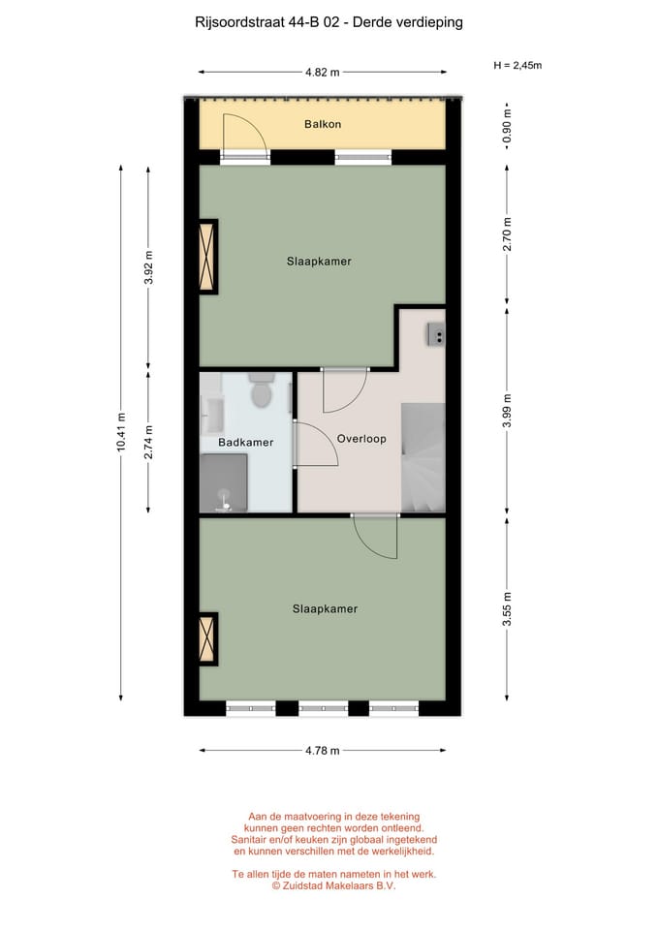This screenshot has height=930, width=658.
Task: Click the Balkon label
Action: [x=322, y=124]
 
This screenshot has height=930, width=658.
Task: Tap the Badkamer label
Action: [x=245, y=443]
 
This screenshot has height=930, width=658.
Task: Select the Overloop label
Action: [x=361, y=439]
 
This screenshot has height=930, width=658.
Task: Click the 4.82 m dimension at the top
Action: [x=322, y=72]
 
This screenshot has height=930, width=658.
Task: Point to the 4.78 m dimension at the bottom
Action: [x=322, y=750]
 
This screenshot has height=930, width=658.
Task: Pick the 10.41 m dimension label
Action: [x=121, y=431]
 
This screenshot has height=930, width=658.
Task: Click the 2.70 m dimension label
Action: [x=507, y=234]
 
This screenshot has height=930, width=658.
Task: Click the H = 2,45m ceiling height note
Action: [x=517, y=66]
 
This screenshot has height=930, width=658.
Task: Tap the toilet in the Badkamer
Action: [x=261, y=393]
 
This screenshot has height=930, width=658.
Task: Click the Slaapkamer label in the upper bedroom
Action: [x=319, y=262]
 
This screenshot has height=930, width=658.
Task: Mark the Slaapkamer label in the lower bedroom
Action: [x=325, y=609]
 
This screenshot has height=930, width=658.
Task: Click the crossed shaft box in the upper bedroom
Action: [x=206, y=256]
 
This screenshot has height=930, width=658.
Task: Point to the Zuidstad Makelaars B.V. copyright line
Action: [x=333, y=885]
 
